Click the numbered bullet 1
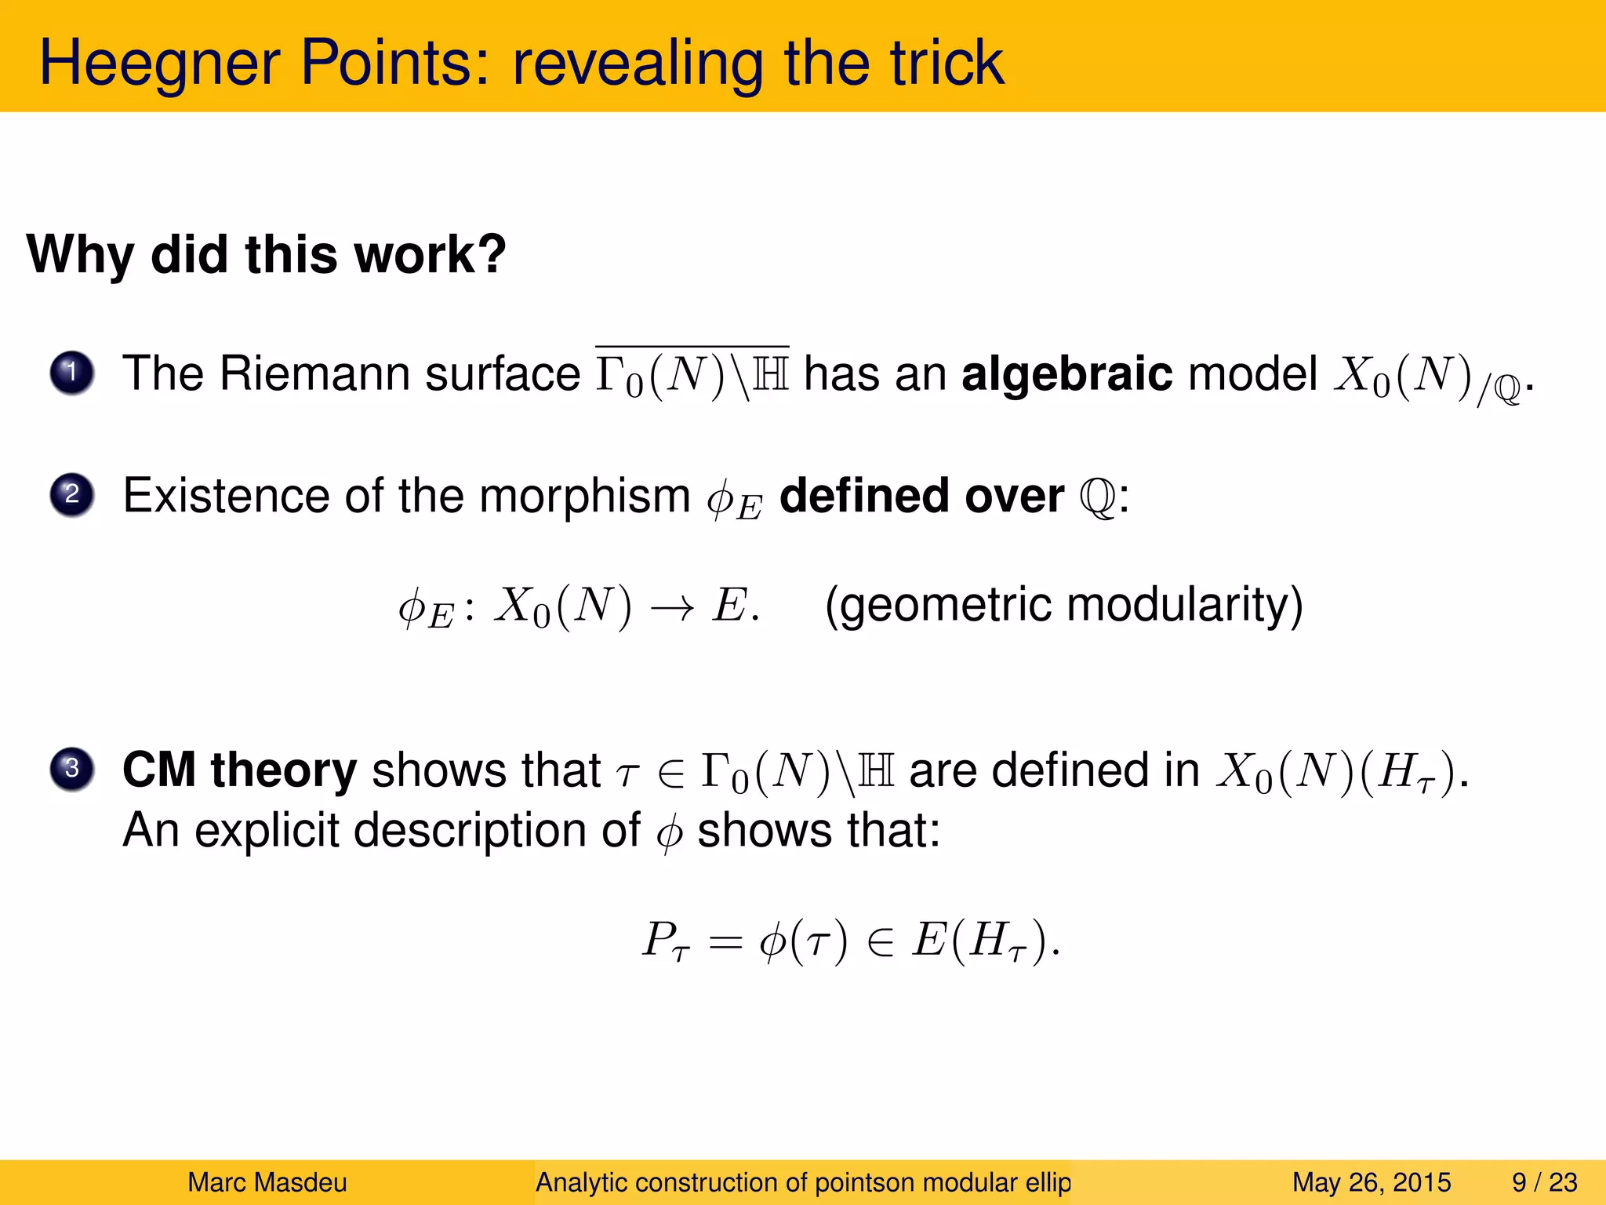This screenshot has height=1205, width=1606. tap(72, 373)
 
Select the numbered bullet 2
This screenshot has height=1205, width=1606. tap(72, 495)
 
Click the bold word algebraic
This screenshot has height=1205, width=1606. tap(1066, 373)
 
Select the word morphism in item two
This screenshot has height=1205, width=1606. tap(584, 496)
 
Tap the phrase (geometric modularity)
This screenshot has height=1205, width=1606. tap(1063, 605)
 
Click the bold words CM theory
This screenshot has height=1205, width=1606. tap(239, 770)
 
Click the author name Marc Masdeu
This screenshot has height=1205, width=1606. tap(267, 1182)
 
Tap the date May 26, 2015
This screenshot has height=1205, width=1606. tap(1371, 1182)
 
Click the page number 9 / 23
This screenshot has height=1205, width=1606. tap(1544, 1182)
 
